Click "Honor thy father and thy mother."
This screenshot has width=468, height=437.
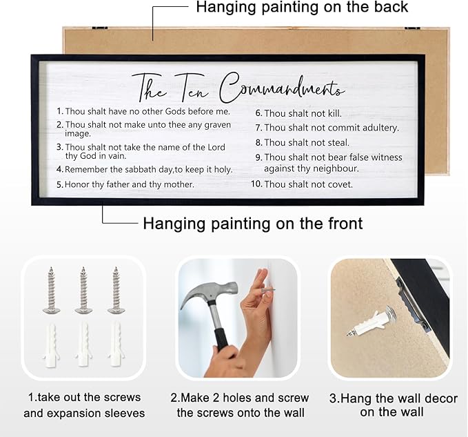(130, 184)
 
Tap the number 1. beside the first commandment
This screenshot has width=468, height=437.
(59, 111)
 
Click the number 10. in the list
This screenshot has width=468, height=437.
(256, 184)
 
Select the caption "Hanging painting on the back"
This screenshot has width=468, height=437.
(302, 8)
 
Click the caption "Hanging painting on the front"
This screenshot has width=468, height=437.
(252, 224)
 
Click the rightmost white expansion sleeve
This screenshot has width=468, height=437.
(115, 343)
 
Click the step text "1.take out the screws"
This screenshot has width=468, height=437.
(84, 398)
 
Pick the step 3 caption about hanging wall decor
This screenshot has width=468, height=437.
(391, 405)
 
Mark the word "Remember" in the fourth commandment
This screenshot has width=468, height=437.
(88, 169)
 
